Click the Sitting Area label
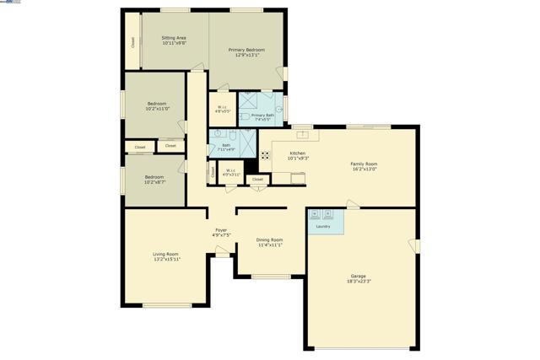(x=174, y=38)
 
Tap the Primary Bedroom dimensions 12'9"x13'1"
(x=246, y=56)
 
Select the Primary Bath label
(x=262, y=115)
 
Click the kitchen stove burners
(x=264, y=155)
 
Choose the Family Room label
(x=364, y=164)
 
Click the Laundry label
(x=322, y=227)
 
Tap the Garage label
(x=359, y=276)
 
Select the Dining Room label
(x=269, y=239)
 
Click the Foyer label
(x=221, y=230)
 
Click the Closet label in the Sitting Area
(x=132, y=41)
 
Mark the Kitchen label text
(x=298, y=153)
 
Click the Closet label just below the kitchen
(x=257, y=179)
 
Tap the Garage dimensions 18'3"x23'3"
(x=359, y=282)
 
